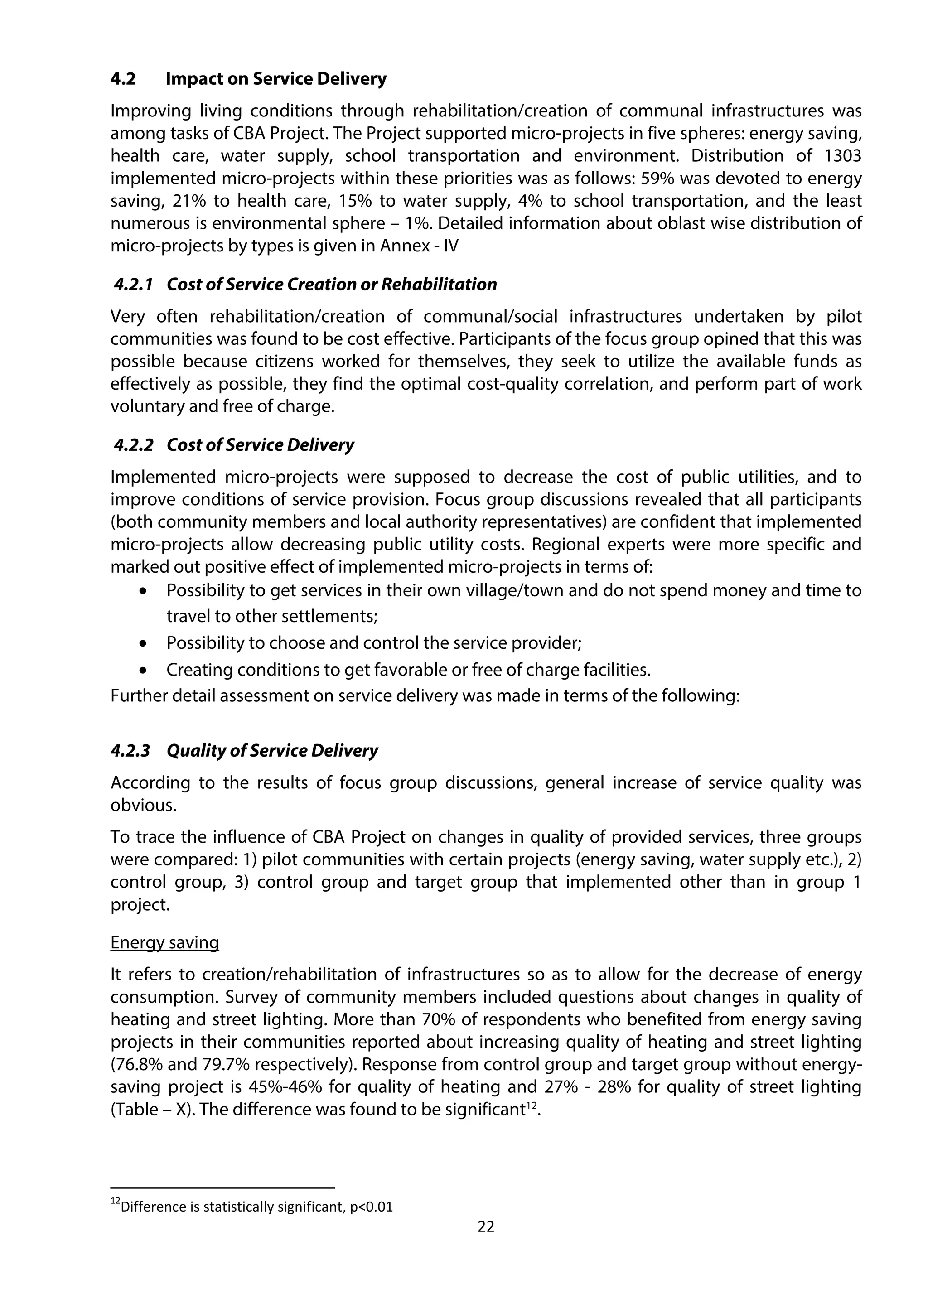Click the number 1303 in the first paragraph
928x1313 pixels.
point(843,156)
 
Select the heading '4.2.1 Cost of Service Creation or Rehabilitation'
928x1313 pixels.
point(305,284)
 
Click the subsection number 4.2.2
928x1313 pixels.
point(133,445)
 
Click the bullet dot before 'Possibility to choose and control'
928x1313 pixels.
point(143,643)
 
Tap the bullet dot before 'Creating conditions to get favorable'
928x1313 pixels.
point(143,670)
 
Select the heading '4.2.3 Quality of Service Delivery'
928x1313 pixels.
point(244,751)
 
